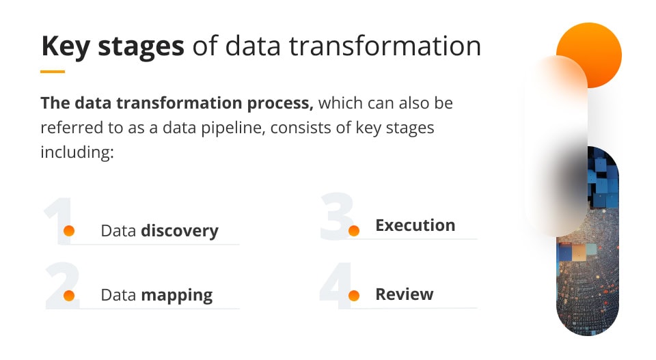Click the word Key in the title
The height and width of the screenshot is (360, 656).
tap(65, 46)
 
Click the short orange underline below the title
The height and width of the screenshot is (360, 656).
tap(53, 71)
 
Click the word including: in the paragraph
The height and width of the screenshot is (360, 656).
tap(76, 151)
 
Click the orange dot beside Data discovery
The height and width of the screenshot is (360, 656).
tap(69, 231)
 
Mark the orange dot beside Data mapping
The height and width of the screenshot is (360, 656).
tap(69, 296)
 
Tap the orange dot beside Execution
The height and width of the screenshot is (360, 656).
tap(354, 231)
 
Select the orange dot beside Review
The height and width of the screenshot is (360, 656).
tap(354, 296)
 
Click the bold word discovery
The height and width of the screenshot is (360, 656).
tap(180, 231)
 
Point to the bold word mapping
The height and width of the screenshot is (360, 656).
tap(177, 296)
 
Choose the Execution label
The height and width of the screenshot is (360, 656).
tap(415, 225)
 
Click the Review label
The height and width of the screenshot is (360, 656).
tap(405, 294)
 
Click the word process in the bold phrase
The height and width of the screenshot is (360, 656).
tap(279, 104)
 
